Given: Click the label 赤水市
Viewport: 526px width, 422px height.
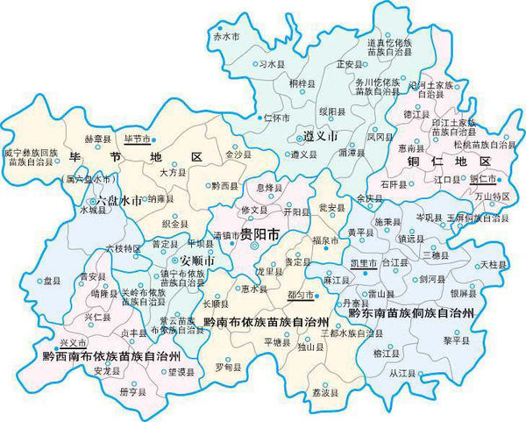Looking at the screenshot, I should (225, 37).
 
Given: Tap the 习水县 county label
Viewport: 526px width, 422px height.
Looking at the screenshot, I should (271, 64).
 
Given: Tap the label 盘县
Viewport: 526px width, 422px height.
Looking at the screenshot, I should (53, 282).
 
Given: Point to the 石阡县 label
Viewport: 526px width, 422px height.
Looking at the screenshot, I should (394, 184).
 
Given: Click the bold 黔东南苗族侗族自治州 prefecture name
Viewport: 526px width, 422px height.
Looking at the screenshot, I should (410, 311).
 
